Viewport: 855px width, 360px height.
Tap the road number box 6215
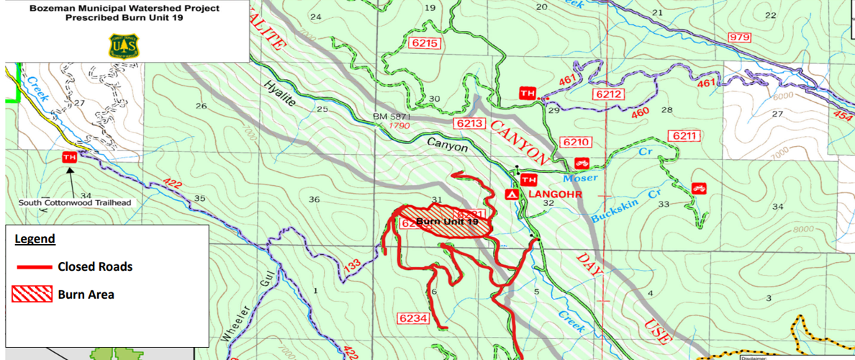pos(424,43)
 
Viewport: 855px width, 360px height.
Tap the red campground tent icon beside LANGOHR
pos(510,195)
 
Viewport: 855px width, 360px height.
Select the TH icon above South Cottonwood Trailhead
pos(70,157)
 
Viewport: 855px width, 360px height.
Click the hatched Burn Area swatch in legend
pos(32,294)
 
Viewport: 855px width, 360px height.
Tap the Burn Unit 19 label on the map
pos(447,222)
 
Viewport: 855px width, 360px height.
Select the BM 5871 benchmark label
pos(393,116)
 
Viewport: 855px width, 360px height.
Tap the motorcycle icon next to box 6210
pos(582,163)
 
